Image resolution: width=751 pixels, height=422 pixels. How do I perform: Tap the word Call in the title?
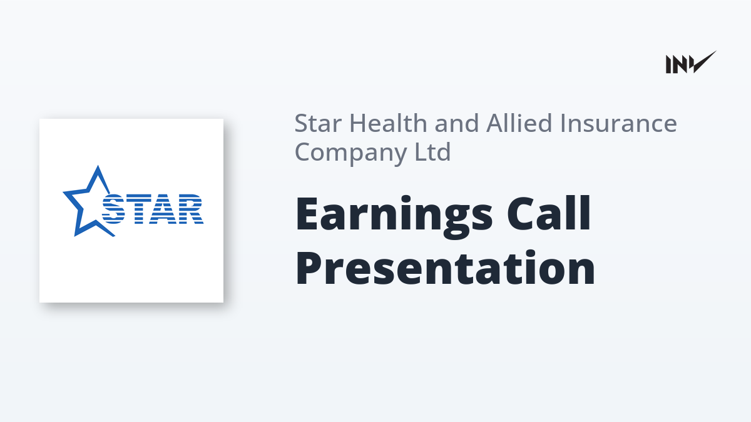549,213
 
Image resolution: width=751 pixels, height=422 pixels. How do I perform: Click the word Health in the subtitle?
388,123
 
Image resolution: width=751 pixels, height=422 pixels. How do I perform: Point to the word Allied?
519,123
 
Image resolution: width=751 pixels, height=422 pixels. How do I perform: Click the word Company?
350,153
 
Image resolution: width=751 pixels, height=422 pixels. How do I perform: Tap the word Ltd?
433,151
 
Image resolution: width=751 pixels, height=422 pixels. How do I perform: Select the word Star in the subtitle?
318,123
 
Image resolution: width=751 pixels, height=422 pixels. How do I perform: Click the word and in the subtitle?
457,123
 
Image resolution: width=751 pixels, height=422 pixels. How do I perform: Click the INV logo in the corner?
691,63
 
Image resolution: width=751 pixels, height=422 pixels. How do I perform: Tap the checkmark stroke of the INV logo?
703,62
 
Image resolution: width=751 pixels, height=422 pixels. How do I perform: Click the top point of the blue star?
98,166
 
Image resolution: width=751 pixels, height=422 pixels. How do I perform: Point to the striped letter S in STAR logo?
113,209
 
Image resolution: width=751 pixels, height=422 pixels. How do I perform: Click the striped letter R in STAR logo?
190,209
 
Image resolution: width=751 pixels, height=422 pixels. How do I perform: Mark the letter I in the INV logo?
668,64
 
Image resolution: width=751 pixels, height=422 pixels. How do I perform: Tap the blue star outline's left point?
64,193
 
